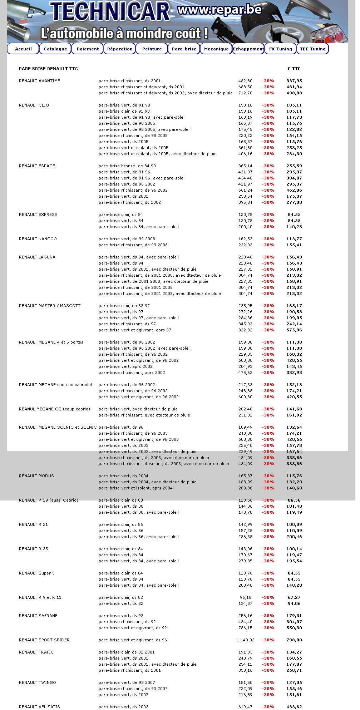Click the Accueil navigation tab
tap(23, 49)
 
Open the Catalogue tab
tap(55, 49)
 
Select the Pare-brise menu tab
tap(184, 49)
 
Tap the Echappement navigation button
tap(248, 49)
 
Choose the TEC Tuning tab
tap(313, 49)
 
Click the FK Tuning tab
tap(281, 49)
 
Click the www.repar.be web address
tap(220, 10)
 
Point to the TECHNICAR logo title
tap(110, 11)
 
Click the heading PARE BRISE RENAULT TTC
tap(48, 69)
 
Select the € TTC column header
tap(294, 69)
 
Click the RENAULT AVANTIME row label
tap(39, 81)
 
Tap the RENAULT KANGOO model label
tap(38, 239)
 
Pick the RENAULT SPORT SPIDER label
tap(44, 640)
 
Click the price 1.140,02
tap(245, 640)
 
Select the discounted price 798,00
tap(294, 640)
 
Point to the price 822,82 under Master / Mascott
tap(245, 330)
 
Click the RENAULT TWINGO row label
tap(37, 682)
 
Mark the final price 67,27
tap(294, 597)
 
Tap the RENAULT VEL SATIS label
tap(39, 707)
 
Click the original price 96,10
tap(246, 597)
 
